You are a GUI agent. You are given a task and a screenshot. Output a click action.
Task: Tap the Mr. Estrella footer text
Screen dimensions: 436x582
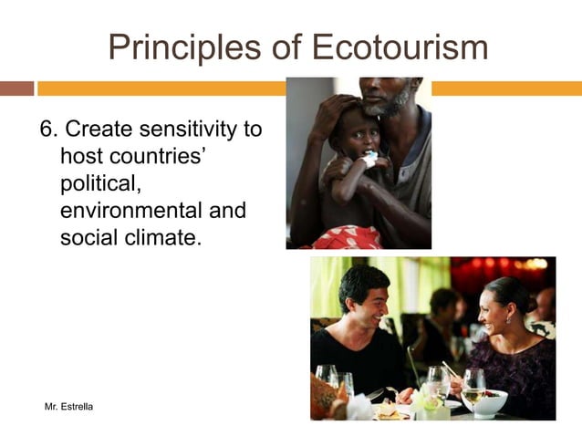coord(69,404)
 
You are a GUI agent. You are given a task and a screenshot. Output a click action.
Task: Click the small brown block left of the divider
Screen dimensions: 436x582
coord(16,88)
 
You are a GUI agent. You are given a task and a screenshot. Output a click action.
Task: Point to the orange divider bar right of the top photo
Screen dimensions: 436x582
coord(506,88)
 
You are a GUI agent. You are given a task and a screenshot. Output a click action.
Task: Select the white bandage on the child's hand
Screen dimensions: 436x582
coord(369,161)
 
